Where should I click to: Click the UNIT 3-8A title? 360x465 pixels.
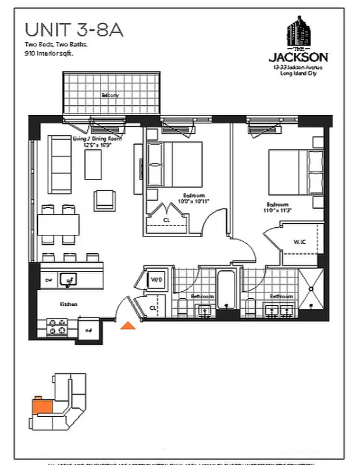pyautogui.click(x=74, y=30)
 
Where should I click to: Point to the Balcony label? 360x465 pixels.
pyautogui.click(x=110, y=95)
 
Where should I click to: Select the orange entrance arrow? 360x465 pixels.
pyautogui.click(x=127, y=326)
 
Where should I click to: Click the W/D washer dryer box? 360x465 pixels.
pyautogui.click(x=156, y=279)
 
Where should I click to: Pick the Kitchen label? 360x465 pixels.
pyautogui.click(x=69, y=304)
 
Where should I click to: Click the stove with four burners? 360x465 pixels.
pyautogui.click(x=57, y=326)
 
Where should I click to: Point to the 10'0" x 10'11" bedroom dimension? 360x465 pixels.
pyautogui.click(x=193, y=201)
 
